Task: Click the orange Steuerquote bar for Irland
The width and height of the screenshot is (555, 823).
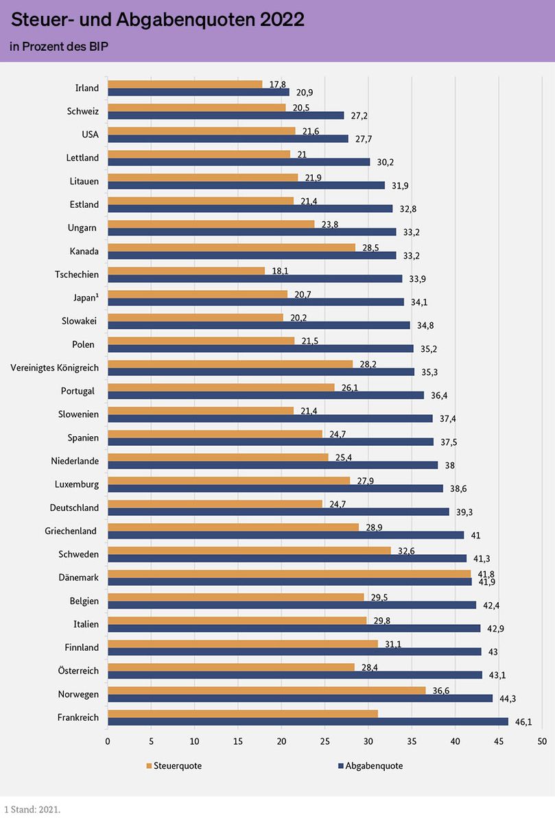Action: point(185,84)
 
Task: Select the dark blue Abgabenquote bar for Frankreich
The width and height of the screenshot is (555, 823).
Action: point(308,721)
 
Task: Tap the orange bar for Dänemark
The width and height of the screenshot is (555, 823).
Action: point(290,573)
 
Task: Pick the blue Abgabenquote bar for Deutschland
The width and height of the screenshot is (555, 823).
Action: point(279,512)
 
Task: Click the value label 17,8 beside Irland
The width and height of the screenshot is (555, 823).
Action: point(278,84)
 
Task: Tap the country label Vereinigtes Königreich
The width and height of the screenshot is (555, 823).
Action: point(55,368)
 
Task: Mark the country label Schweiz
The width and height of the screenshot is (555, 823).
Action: point(83,111)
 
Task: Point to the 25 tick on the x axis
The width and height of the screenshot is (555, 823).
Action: point(324,741)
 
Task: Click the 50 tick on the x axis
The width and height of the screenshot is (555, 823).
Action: point(542,741)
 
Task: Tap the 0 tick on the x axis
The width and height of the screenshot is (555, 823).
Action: point(108,741)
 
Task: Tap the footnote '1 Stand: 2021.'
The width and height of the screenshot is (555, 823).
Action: point(32,809)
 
